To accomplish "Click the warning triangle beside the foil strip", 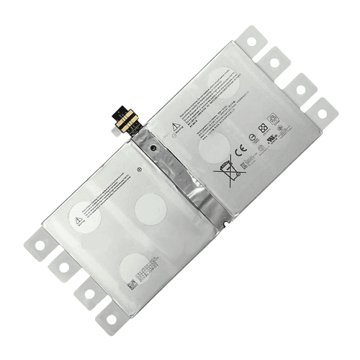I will [x=175, y=127].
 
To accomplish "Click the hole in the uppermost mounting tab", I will [x=253, y=40].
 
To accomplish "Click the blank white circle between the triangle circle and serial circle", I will [x=150, y=209].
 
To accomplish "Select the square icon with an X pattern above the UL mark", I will [x=273, y=117].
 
